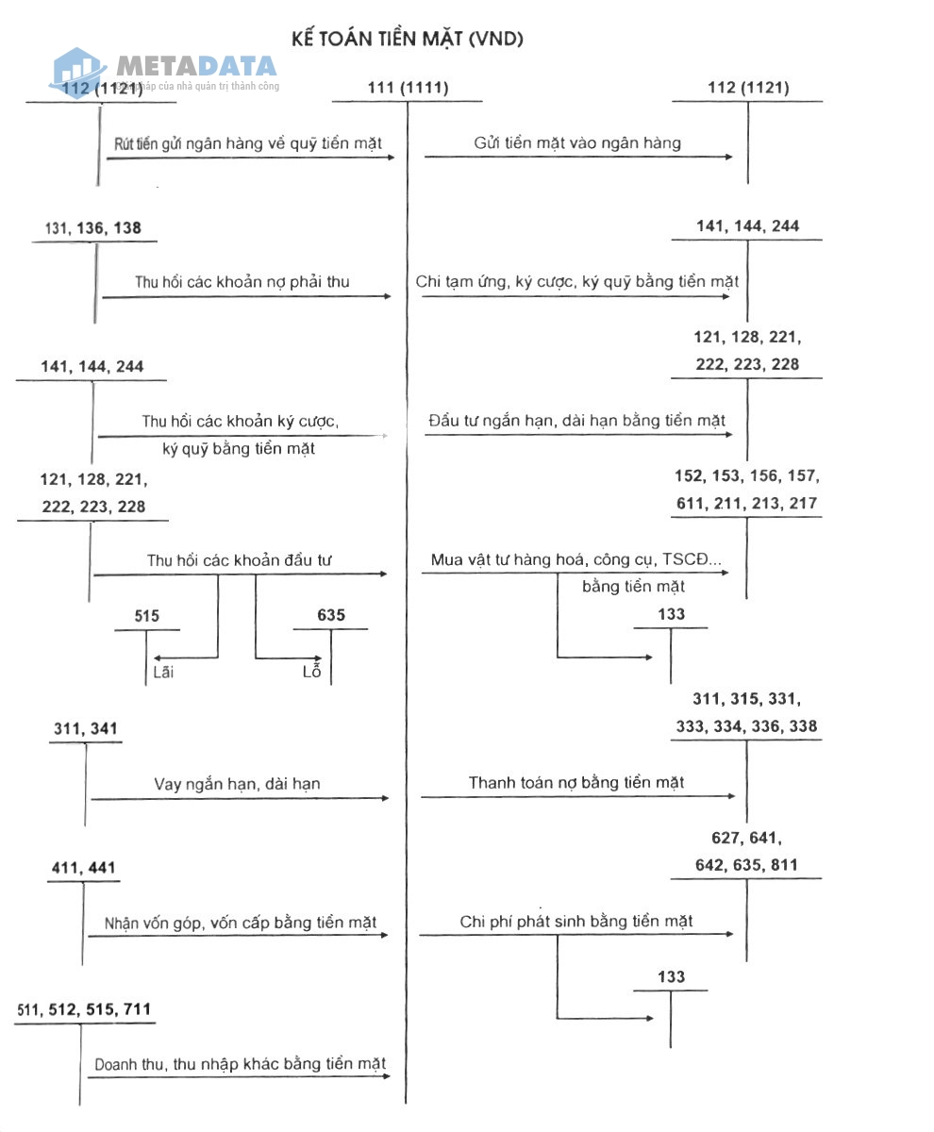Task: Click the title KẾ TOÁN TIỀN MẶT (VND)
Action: pos(409,39)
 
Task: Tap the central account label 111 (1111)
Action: pos(408,89)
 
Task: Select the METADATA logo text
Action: pos(196,66)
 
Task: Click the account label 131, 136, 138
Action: pos(93,228)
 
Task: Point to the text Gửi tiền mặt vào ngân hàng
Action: pos(577,143)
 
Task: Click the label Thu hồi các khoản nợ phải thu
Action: pos(242,282)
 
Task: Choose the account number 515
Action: pos(146,616)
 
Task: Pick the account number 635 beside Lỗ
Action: pos(331,616)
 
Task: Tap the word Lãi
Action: pos(163,673)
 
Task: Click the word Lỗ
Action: pos(311,673)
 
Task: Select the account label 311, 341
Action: pos(87,729)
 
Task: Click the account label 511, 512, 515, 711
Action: pos(83,1010)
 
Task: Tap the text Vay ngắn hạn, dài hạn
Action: pos(238,784)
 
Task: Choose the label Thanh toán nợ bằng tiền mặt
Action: pos(575,783)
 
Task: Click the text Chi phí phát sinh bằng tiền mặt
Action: pos(575,922)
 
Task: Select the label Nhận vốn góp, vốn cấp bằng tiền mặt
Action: pos(241,923)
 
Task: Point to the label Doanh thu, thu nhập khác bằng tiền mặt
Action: pos(241,1064)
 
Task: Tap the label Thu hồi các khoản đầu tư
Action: pos(240,560)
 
